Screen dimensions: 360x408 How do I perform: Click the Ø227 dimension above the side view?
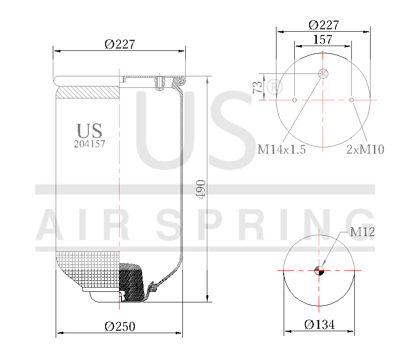120,44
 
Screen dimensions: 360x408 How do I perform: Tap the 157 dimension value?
323,40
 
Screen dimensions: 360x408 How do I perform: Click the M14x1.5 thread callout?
282,150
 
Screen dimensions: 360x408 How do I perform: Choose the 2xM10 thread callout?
365,150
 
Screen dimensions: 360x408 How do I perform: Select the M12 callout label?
362,232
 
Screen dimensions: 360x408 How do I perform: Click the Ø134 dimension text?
319,325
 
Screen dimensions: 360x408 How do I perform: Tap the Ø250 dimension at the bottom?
120,327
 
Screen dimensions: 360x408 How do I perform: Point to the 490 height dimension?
201,190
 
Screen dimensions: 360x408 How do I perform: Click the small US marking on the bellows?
89,130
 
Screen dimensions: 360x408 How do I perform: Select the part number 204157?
89,144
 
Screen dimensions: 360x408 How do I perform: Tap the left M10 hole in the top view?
295,100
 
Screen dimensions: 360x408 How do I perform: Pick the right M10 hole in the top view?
352,100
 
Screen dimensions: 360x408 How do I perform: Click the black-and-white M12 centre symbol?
319,271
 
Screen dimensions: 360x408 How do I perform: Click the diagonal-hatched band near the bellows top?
87,92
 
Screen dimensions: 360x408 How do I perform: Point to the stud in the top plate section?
159,83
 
